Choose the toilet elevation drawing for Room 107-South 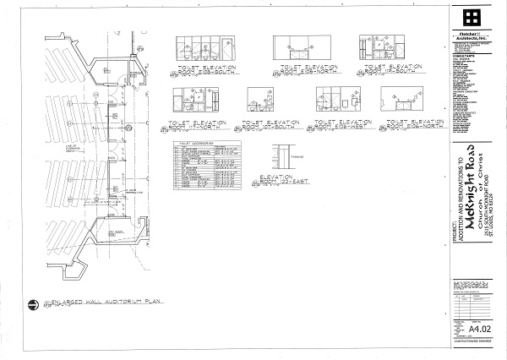(259, 101)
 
